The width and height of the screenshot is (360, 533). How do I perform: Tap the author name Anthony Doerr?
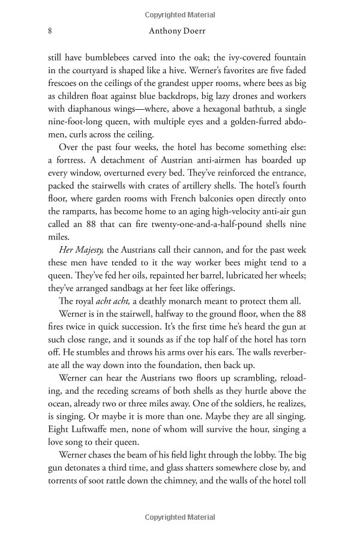point(178,30)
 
